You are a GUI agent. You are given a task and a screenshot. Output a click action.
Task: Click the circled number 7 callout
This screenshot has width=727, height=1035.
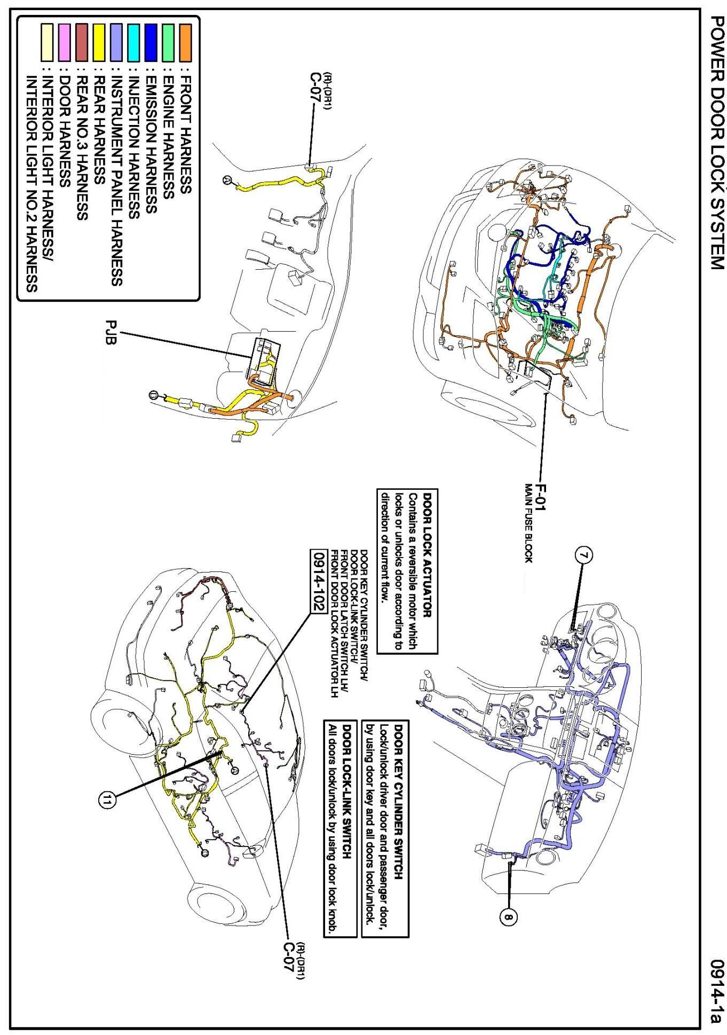584,555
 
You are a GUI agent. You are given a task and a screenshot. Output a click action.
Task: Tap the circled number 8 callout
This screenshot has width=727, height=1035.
508,918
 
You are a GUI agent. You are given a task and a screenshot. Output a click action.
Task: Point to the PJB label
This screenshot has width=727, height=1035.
110,333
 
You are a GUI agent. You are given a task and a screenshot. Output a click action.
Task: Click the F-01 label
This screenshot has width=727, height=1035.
540,498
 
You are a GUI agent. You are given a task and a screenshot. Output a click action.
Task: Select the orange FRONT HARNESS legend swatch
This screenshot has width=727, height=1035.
185,42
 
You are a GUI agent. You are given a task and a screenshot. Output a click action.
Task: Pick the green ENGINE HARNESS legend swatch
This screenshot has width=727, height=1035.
168,42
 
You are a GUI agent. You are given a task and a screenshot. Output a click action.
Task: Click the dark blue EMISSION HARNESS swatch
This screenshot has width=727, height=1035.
151,42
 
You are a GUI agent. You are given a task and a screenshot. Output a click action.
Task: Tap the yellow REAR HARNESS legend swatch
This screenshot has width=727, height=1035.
99,42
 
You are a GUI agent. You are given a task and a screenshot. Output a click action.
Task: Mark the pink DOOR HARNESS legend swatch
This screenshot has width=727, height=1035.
65,42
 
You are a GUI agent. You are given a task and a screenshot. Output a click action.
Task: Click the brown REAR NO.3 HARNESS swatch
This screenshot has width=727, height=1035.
82,42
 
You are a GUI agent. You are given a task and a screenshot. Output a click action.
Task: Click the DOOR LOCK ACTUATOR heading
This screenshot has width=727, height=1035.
428,555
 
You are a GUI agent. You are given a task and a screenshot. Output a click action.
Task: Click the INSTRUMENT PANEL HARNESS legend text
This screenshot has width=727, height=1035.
117,182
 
